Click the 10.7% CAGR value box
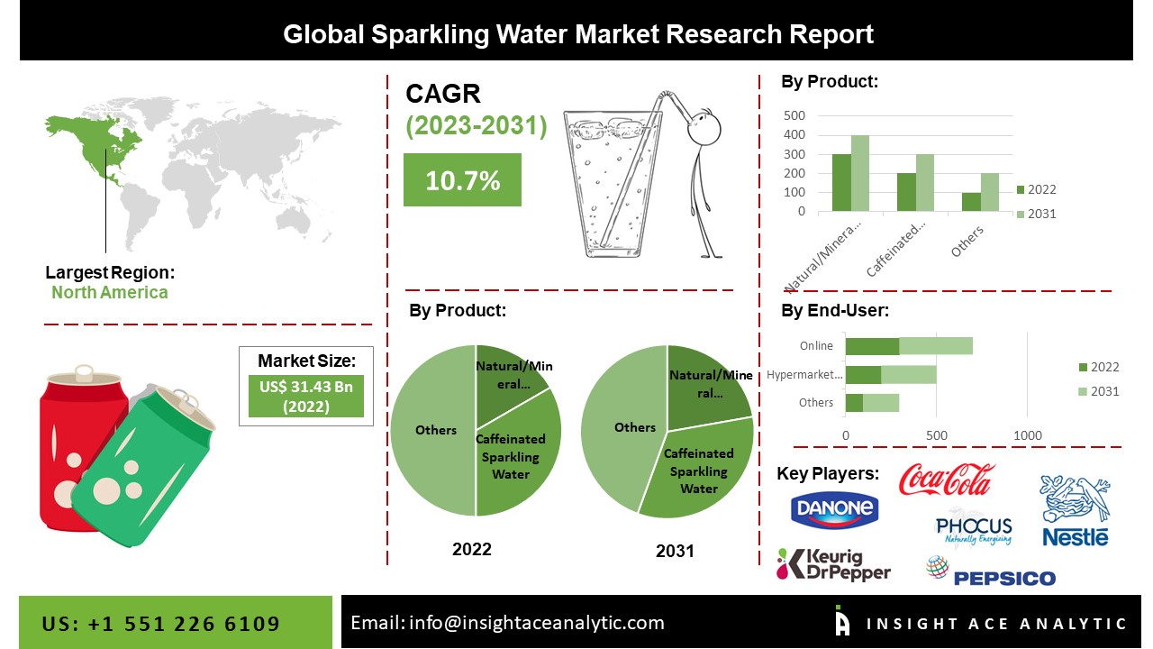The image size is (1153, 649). (462, 179)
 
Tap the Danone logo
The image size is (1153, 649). (834, 509)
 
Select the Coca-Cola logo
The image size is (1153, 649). (947, 479)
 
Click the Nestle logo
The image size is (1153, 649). (1075, 511)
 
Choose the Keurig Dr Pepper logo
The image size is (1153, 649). (834, 564)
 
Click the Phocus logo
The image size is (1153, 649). (974, 529)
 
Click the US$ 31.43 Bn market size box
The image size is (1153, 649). (305, 396)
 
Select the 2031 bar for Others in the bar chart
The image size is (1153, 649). (990, 192)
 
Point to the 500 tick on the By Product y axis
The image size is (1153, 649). (794, 115)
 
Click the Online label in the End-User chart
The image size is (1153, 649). (815, 345)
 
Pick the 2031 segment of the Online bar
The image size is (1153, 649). (936, 345)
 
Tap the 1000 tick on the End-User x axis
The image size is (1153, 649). (1028, 436)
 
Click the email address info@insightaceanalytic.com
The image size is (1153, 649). (507, 623)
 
